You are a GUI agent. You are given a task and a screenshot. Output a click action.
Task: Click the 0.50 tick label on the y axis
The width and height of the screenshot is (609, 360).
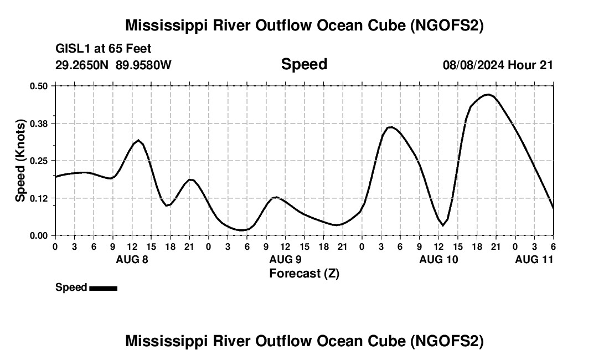[x=39, y=86]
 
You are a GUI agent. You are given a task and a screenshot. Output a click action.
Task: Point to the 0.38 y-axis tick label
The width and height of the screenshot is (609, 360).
[x=39, y=124]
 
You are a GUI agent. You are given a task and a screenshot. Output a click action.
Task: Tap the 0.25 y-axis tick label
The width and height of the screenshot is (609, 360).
[x=39, y=161]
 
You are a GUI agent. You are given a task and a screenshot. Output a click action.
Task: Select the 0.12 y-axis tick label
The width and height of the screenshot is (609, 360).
[x=39, y=198]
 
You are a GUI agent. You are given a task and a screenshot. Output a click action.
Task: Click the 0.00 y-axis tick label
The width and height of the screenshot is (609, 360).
[x=39, y=235]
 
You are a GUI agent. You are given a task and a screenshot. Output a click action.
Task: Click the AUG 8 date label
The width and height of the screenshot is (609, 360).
[x=131, y=259]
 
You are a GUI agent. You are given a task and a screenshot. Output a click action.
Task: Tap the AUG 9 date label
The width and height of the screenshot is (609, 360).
[x=285, y=259]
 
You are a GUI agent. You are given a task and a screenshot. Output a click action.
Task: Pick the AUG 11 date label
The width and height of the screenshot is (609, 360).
[x=534, y=259]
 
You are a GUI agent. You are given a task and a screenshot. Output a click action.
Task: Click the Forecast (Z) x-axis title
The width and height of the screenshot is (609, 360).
[x=304, y=274]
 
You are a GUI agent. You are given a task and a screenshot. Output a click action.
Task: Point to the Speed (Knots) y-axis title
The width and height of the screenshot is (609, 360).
[x=20, y=161]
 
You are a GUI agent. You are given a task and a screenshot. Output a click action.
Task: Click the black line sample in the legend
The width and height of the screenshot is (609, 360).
[x=103, y=288]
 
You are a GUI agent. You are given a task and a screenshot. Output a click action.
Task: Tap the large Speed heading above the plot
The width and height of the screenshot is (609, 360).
[x=304, y=64]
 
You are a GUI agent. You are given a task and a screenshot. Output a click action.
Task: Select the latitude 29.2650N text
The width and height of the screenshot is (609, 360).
[x=82, y=65]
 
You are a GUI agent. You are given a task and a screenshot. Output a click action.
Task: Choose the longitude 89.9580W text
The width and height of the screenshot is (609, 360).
[x=143, y=65]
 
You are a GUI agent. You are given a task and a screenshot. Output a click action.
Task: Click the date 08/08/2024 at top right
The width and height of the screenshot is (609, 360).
[x=473, y=65]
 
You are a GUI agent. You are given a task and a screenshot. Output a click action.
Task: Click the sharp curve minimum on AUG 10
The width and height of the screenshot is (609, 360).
[x=442, y=225]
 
